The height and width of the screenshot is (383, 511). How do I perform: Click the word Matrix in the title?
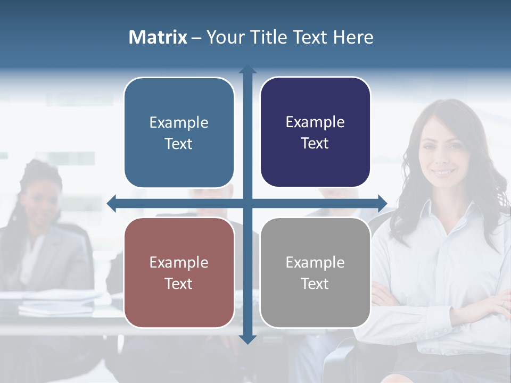coord(158,37)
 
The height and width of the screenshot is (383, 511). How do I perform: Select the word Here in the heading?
coord(353,37)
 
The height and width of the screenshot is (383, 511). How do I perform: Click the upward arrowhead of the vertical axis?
coord(248,70)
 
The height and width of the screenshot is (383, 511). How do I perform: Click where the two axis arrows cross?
coord(248,203)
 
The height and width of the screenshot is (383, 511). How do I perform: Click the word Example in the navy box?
coord(315,122)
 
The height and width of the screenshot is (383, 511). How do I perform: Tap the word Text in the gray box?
coord(315,284)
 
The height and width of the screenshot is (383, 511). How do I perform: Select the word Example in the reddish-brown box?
coord(179,262)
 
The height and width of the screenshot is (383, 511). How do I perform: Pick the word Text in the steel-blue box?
coord(179,144)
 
